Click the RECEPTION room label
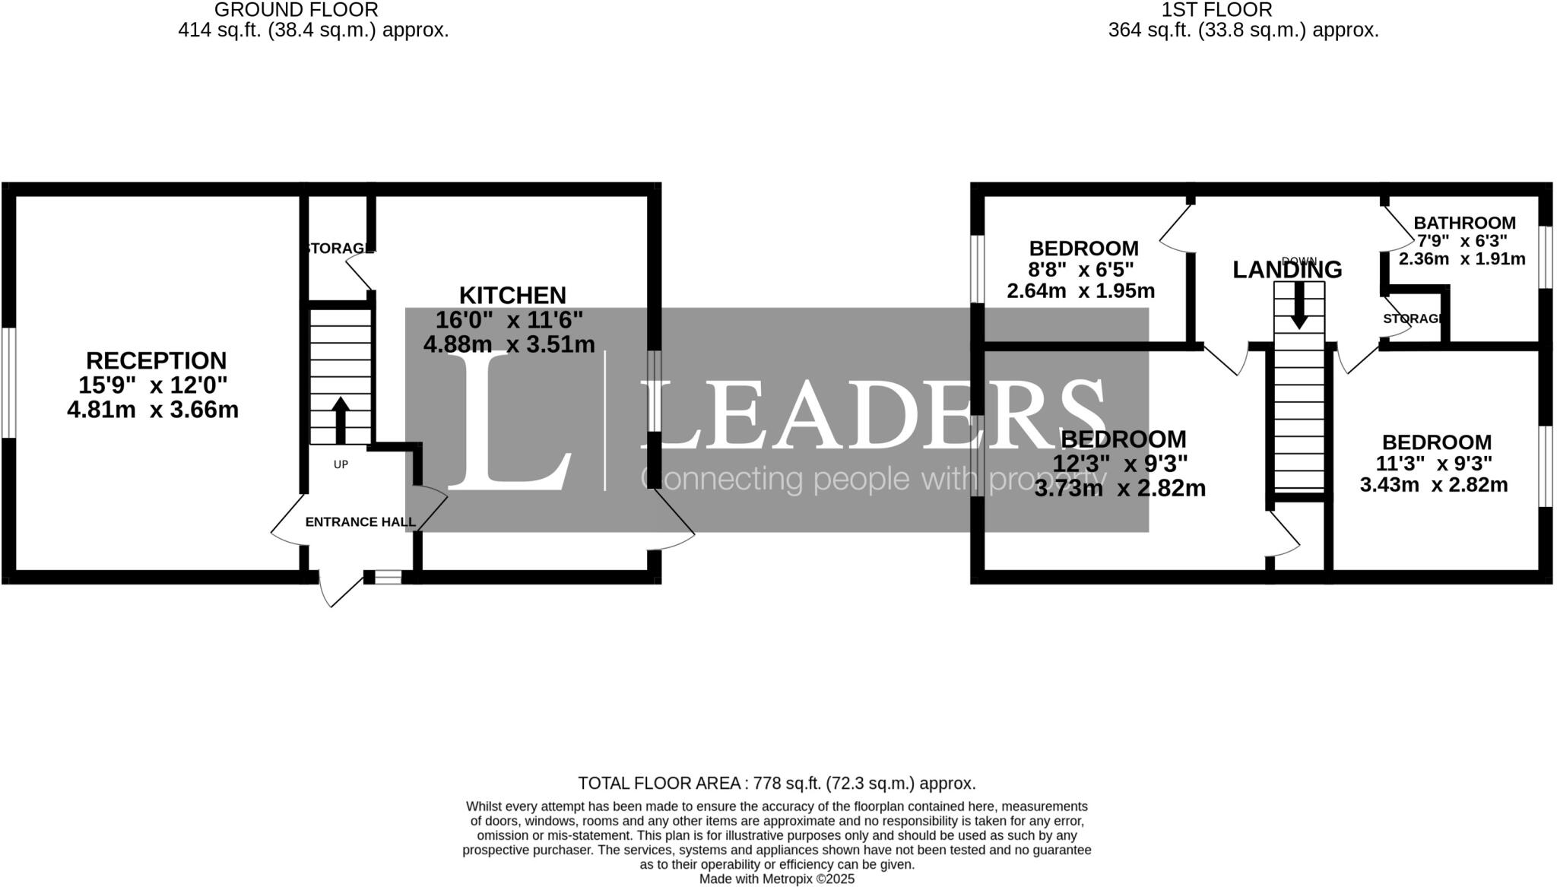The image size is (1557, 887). coord(156,360)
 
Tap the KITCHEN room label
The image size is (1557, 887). coord(512,295)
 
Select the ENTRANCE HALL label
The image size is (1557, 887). coord(360,522)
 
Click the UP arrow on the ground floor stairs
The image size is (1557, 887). coord(341,420)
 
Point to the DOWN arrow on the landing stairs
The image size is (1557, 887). coord(1299,305)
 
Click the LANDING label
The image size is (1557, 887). coord(1287,270)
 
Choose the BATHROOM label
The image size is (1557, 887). coord(1464,223)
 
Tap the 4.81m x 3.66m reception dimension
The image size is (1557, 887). coord(153,410)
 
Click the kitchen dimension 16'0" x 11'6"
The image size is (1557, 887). coord(509,320)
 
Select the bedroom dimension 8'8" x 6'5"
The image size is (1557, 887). coord(1081,270)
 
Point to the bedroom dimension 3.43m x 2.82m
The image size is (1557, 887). coord(1434,485)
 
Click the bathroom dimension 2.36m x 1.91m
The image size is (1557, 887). coord(1462,259)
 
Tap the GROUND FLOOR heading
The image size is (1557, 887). coord(296,10)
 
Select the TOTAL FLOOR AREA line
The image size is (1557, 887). coord(776,784)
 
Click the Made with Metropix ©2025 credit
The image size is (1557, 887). coord(776,879)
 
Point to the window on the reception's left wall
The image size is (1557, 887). coord(8,382)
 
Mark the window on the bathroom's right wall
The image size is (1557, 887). coord(1546,257)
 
